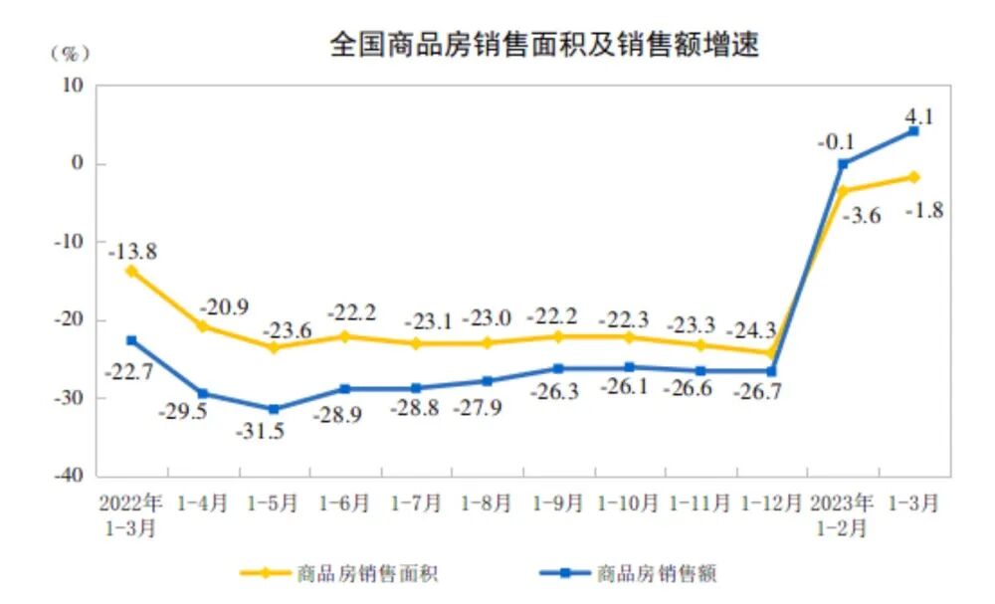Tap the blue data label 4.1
pos(919,114)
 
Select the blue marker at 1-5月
pos(274,409)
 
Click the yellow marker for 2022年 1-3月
pos(130,270)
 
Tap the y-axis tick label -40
pos(70,476)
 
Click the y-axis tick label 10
pos(72,86)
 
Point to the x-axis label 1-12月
pos(772,504)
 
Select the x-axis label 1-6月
pos(344,504)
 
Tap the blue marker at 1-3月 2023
pos(913,131)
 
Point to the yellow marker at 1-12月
pos(771,352)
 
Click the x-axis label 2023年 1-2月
pos(842,514)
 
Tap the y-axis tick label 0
pos(76,163)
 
